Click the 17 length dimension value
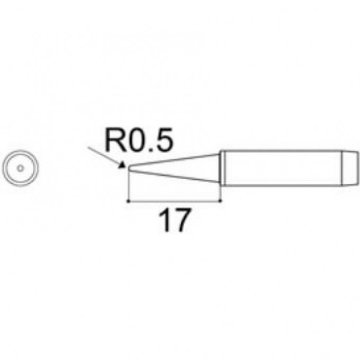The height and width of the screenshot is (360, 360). (x=175, y=220)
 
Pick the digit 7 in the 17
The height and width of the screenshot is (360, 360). (x=182, y=220)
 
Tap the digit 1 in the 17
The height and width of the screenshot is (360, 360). (x=165, y=220)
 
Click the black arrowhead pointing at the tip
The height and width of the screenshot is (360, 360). (x=122, y=165)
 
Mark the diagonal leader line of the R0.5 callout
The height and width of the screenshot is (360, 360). (x=105, y=156)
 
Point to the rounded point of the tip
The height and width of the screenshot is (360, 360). (x=129, y=168)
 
